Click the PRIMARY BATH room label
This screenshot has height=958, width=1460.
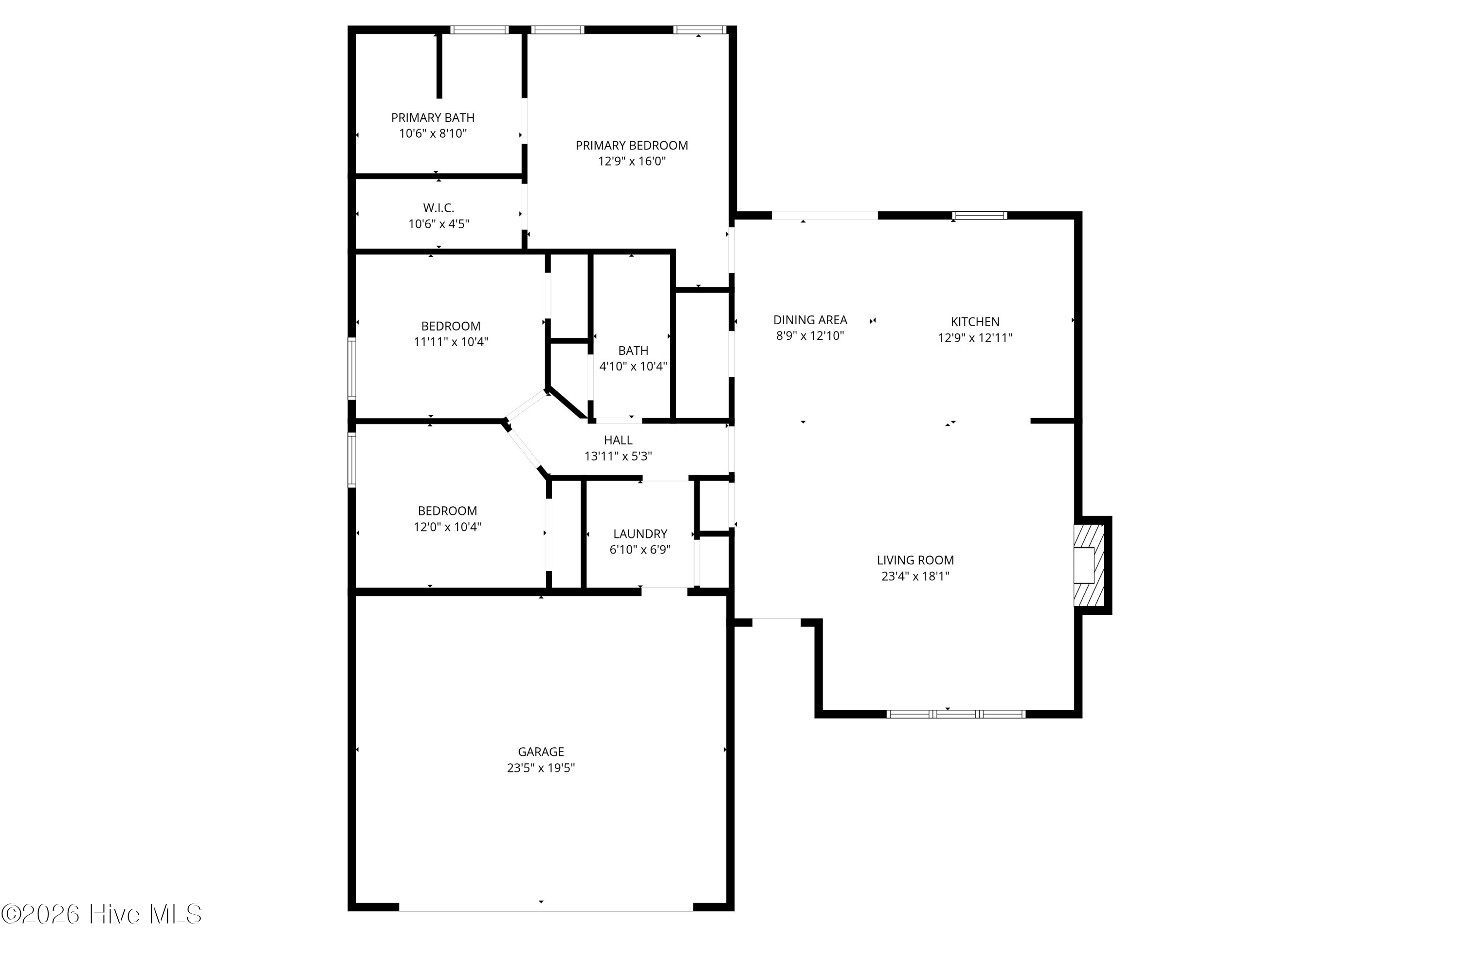tap(433, 117)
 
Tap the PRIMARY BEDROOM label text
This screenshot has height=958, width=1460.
tap(631, 146)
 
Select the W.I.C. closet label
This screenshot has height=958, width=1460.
tap(438, 208)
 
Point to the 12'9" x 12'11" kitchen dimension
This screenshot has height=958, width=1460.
tap(975, 337)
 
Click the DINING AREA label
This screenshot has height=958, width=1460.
tap(810, 320)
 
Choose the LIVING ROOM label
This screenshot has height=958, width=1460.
tap(915, 560)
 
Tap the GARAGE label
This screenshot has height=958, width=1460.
tap(541, 752)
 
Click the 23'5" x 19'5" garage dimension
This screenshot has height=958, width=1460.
tap(541, 768)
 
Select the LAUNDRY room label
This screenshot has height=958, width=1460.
tap(640, 534)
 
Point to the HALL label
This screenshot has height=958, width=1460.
tap(618, 440)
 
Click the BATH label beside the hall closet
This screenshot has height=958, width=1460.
tap(633, 350)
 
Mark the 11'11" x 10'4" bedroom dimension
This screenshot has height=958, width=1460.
tap(450, 342)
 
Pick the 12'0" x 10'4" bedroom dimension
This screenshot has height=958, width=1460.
tap(447, 527)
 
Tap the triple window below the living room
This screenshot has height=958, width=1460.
tap(956, 714)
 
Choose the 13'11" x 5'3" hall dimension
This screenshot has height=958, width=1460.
tap(618, 456)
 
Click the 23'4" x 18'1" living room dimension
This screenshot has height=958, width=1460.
tap(915, 576)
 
